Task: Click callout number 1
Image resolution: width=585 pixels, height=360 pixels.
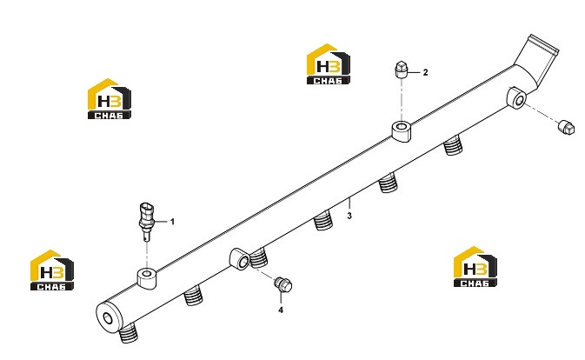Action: pos(172,222)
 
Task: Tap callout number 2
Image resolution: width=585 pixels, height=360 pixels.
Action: pos(425,72)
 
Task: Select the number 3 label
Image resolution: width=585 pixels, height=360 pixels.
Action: pos(349,216)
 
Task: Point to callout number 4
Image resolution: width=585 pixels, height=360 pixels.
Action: pos(281,310)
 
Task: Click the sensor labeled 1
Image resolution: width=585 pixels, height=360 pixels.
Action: pos(146,221)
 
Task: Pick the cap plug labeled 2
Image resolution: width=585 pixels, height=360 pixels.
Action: pos(401,69)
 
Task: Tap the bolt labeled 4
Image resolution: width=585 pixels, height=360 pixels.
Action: pos(283,284)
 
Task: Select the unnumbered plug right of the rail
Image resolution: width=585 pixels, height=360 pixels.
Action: pos(566,127)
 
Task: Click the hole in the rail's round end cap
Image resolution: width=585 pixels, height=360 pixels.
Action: pos(108,319)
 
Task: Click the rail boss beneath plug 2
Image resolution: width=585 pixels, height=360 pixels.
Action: pos(401,131)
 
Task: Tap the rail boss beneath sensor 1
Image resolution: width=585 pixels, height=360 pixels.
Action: pos(147,278)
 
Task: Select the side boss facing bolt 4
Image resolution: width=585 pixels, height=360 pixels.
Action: pos(239,258)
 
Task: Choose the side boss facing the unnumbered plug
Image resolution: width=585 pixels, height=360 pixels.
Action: pos(516,97)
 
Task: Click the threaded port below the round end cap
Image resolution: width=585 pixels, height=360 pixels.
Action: pos(129,333)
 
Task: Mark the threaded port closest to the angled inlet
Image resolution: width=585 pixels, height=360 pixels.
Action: pos(453,144)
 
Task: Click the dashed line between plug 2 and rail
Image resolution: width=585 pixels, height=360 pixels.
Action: pos(401,100)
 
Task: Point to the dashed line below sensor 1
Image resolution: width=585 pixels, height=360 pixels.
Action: pos(147,255)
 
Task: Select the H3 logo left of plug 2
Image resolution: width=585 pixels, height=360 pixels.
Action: pos(328,64)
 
